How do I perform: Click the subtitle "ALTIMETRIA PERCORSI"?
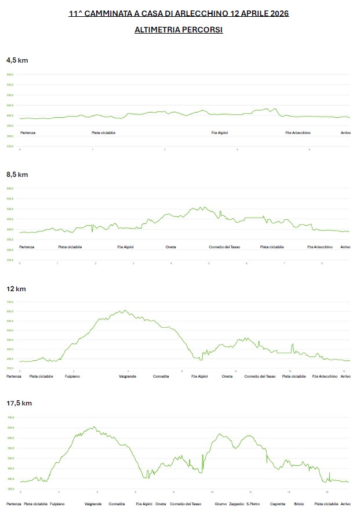coord(179,30)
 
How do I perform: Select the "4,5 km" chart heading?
coord(17,60)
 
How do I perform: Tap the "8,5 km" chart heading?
coord(17,175)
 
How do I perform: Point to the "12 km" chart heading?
coord(16,289)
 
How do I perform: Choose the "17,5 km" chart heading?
coord(19,403)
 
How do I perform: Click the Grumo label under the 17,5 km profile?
coord(221,504)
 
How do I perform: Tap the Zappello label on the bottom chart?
coord(237,504)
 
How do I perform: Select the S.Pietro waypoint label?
coord(253,504)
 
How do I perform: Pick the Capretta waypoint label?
coord(278,504)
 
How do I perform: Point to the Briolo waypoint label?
coord(299,504)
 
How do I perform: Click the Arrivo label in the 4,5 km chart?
coord(346,133)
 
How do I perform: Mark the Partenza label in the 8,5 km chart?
coord(27,247)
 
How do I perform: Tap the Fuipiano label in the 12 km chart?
coord(72,376)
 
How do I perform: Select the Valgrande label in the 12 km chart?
coord(128,376)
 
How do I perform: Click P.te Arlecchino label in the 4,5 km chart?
coord(298,133)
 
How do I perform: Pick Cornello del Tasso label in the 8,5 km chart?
coord(224,247)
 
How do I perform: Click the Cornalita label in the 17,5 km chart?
coord(117,504)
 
